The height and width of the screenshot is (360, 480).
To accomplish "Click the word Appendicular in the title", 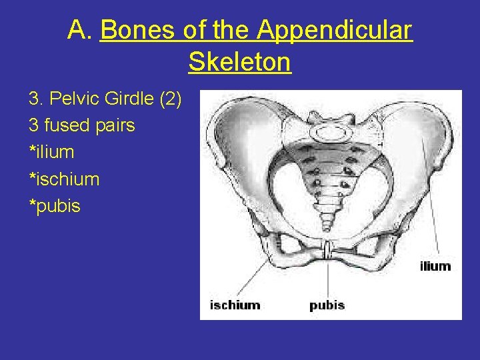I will click(335, 30).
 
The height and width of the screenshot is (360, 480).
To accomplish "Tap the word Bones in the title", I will click(137, 30).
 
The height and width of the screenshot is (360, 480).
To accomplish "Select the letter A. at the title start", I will click(81, 30).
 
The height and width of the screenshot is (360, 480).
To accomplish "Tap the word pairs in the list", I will click(113, 125).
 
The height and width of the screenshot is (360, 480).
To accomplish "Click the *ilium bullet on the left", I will click(51, 152).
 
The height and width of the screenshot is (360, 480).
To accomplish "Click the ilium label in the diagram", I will click(435, 267).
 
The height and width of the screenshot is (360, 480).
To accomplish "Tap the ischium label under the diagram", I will click(235, 305).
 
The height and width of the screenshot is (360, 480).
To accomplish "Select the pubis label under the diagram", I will click(327, 305).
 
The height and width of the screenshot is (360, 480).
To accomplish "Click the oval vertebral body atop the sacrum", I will click(329, 131).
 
